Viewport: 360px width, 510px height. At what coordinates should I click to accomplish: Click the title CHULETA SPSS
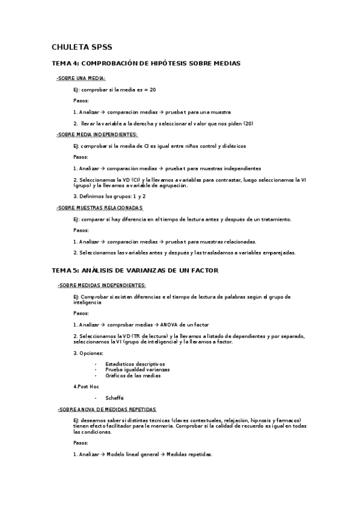pyautogui.click(x=81, y=47)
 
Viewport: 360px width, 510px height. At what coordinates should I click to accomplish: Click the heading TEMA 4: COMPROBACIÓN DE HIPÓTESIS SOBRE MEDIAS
pyautogui.click(x=146, y=63)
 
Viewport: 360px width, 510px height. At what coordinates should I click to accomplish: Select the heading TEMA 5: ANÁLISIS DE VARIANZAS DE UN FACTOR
pyautogui.click(x=135, y=271)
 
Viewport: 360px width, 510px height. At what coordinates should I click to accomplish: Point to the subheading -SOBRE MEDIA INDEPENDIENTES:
pyautogui.click(x=97, y=135)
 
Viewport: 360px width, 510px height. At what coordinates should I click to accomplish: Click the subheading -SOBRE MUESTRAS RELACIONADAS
pyautogui.click(x=100, y=208)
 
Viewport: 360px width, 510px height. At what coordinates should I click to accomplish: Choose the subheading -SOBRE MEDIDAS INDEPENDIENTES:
pyautogui.click(x=102, y=285)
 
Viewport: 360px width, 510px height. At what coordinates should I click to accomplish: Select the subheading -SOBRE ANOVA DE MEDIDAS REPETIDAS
pyautogui.click(x=106, y=409)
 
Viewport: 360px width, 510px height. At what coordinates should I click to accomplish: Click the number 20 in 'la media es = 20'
pyautogui.click(x=153, y=90)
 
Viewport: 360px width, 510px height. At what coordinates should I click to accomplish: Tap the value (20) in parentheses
pyautogui.click(x=248, y=123)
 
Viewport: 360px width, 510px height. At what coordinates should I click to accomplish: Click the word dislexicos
pyautogui.click(x=231, y=146)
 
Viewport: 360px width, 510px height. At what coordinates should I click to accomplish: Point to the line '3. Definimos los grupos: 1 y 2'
pyautogui.click(x=109, y=196)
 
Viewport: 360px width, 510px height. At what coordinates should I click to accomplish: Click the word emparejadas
pyautogui.click(x=277, y=253)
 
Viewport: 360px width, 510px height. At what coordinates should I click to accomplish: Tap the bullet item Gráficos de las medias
pyautogui.click(x=133, y=376)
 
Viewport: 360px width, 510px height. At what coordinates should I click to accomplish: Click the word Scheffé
pyautogui.click(x=114, y=398)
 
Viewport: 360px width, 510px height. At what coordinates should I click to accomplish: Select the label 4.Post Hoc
pyautogui.click(x=86, y=387)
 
